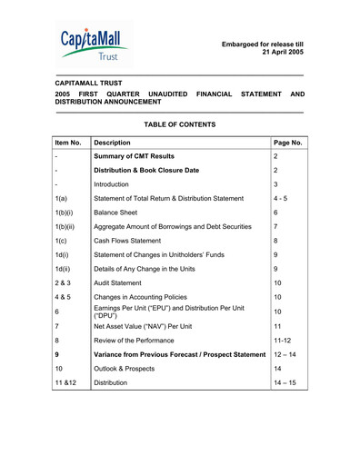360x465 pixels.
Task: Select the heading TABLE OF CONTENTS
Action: point(180,124)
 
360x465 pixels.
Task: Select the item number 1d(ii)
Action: point(63,269)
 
